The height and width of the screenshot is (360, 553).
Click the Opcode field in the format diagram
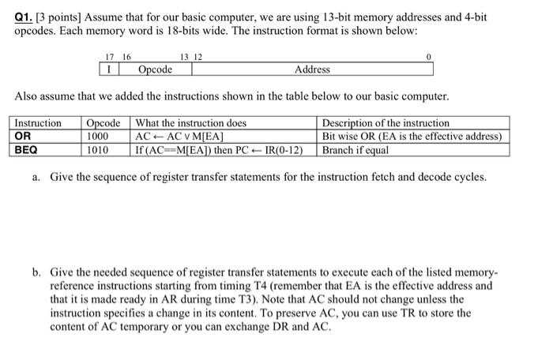tap(155, 69)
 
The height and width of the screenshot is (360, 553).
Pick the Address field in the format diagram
tap(312, 69)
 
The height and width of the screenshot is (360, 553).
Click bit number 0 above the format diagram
tap(427, 57)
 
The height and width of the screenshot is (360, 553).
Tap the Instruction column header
tap(38, 123)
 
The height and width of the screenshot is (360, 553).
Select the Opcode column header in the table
tap(103, 123)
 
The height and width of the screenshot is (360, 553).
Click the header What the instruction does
tap(191, 123)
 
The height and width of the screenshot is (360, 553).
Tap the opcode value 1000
tap(98, 136)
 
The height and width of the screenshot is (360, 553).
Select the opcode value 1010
tap(98, 148)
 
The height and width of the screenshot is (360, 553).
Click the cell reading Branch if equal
tap(356, 148)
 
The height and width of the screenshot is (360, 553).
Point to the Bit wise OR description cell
tap(412, 136)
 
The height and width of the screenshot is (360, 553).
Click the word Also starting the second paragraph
tap(28, 96)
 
